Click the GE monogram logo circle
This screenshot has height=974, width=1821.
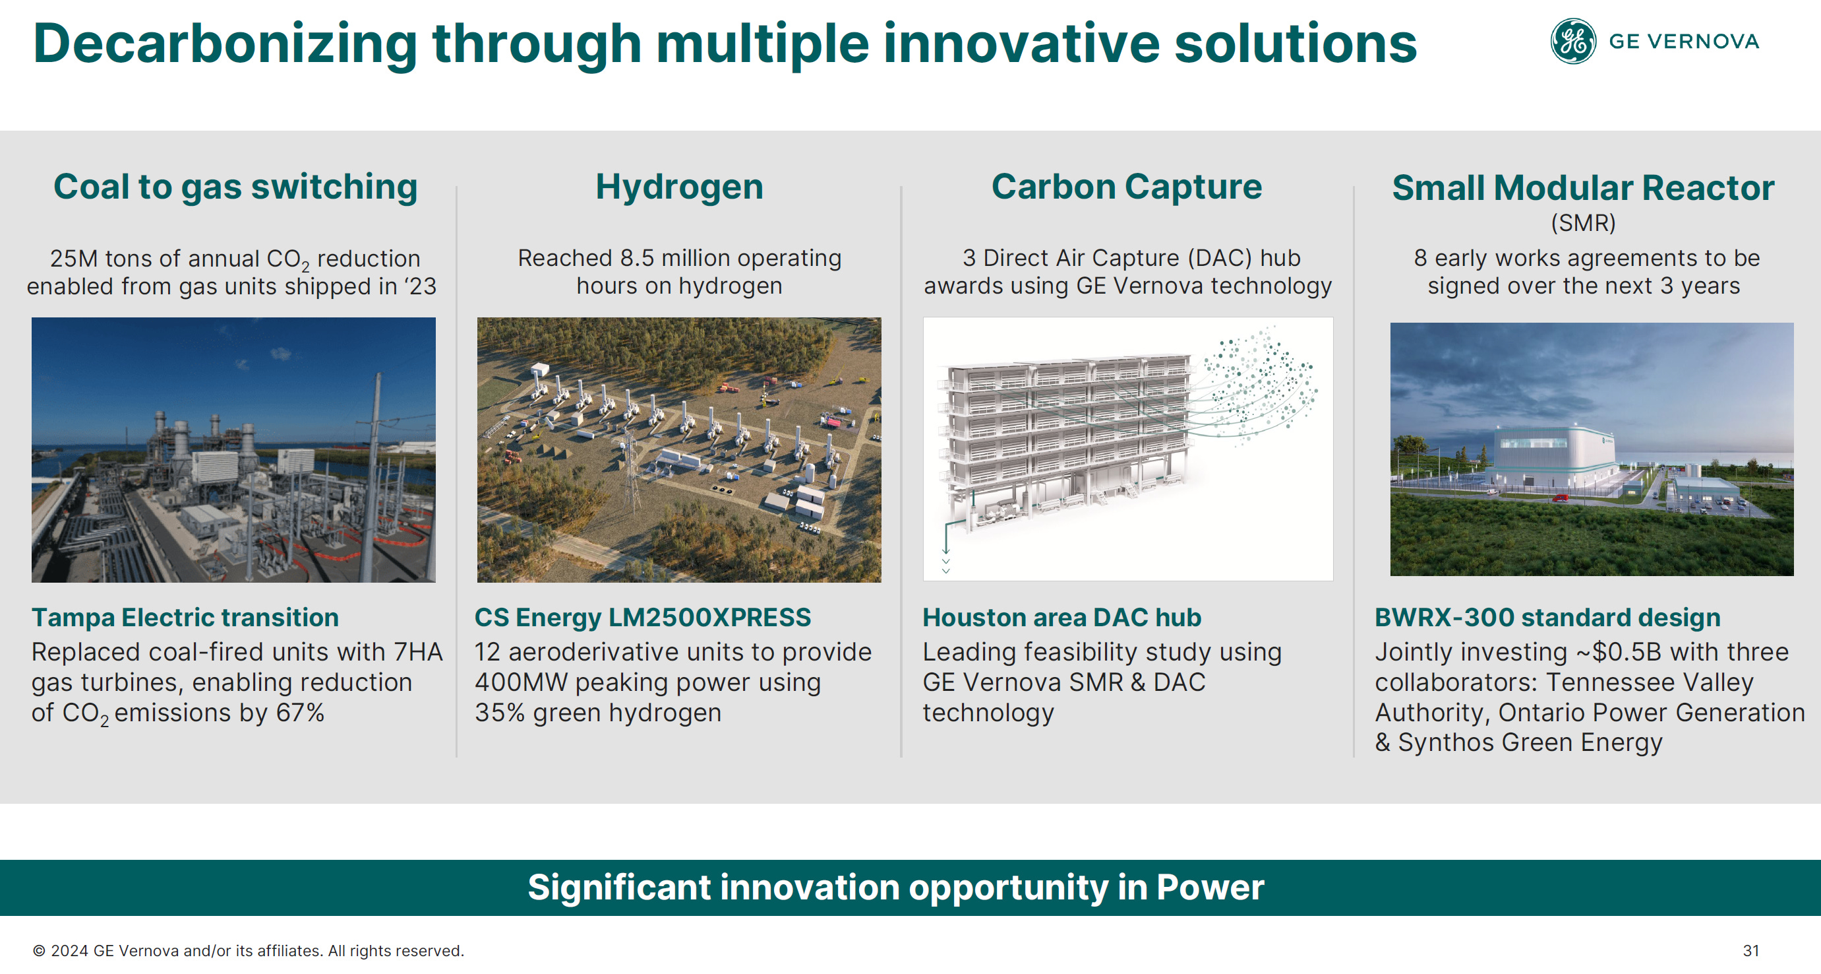point(1573,41)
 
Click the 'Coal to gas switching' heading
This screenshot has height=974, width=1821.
point(235,188)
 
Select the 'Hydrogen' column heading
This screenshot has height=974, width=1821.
point(679,188)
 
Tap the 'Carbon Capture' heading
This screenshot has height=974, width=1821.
point(1127,187)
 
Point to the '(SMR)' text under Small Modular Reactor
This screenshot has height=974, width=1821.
point(1584,224)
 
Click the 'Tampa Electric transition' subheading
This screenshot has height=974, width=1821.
point(185,618)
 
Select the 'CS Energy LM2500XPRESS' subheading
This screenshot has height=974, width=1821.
point(643,618)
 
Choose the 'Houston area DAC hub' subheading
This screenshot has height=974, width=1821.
point(1061,618)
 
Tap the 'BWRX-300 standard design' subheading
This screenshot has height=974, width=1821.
point(1547,618)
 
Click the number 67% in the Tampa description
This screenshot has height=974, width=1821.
point(300,713)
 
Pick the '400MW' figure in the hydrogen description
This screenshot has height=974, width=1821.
point(521,682)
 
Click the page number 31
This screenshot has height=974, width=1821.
point(1751,951)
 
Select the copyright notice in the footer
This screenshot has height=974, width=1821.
point(249,951)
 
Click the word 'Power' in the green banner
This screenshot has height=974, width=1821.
point(1210,888)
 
